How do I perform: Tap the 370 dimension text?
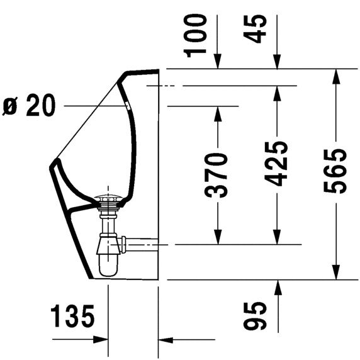218,174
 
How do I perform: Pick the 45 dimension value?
258,28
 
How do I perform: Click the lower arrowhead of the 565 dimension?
337,273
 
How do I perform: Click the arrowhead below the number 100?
218,62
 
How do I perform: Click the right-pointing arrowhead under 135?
101,340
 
